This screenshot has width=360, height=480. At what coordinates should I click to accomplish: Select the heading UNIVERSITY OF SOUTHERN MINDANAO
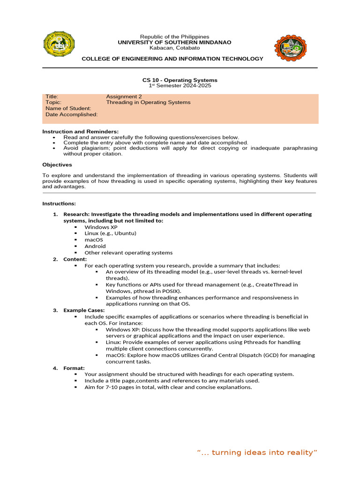click(x=175, y=42)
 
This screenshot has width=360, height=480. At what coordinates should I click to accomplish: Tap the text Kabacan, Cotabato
click(x=174, y=48)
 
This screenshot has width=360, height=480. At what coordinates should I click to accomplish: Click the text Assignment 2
click(x=124, y=97)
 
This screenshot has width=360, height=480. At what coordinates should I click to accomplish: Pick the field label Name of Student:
click(x=68, y=108)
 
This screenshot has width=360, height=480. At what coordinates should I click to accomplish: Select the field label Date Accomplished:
click(x=72, y=114)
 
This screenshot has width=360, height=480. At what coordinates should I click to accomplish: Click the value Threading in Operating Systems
click(x=148, y=102)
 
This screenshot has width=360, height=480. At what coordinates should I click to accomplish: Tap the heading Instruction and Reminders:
click(x=81, y=131)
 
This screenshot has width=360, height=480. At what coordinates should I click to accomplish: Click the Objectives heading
click(x=57, y=165)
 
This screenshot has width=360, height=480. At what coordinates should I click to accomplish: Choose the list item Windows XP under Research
click(x=101, y=227)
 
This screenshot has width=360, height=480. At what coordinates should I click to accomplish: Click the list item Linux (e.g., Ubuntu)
click(x=111, y=233)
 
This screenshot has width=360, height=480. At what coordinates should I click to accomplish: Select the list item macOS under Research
click(x=94, y=240)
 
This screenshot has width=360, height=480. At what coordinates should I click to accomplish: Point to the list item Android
click(x=95, y=246)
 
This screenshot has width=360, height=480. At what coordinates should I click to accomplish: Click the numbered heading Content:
click(x=75, y=259)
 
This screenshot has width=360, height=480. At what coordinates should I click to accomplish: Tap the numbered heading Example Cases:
click(x=84, y=310)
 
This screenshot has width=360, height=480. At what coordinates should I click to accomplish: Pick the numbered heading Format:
click(x=74, y=368)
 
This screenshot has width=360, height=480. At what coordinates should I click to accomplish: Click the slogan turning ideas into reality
click(x=257, y=452)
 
